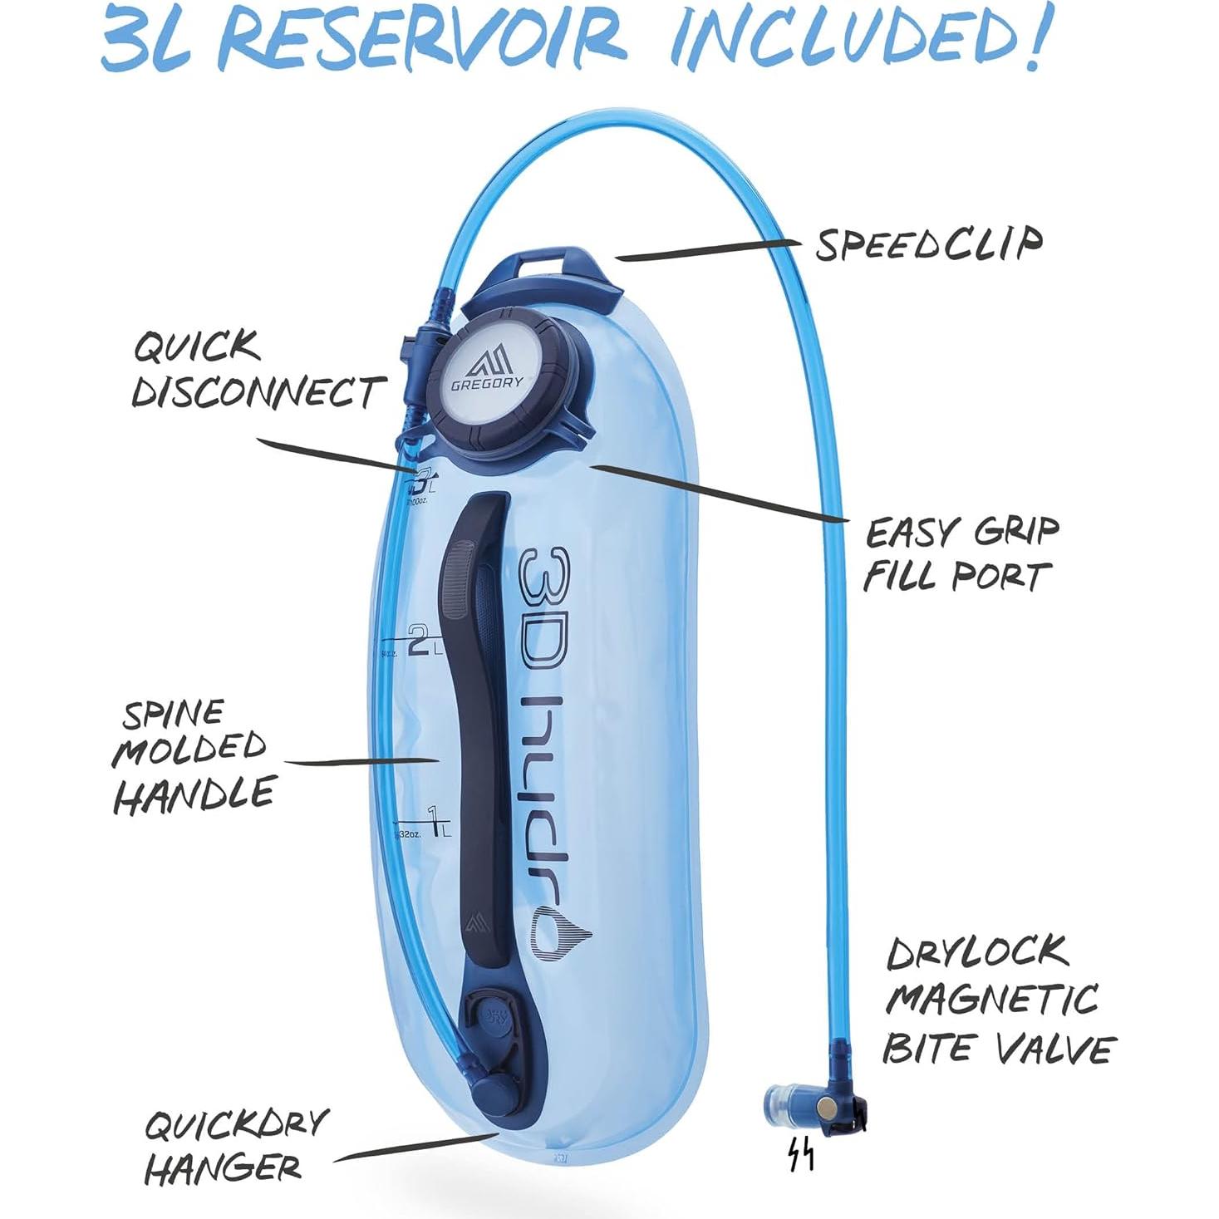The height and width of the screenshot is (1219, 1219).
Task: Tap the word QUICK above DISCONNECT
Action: pyautogui.click(x=198, y=346)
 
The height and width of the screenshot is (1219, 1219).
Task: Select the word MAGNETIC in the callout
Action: pyautogui.click(x=991, y=999)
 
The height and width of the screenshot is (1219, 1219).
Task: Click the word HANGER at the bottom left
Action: pyautogui.click(x=223, y=1168)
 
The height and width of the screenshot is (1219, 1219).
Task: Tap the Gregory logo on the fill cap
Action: pyautogui.click(x=489, y=367)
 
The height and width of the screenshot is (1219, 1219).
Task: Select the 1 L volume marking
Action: pyautogui.click(x=433, y=819)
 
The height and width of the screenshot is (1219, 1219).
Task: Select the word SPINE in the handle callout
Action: pyautogui.click(x=173, y=713)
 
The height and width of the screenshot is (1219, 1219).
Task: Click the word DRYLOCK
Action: pyautogui.click(x=977, y=952)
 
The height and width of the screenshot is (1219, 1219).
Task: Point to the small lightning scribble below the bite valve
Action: pyautogui.click(x=800, y=1155)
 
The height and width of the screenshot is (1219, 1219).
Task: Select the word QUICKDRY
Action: pyautogui.click(x=237, y=1125)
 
